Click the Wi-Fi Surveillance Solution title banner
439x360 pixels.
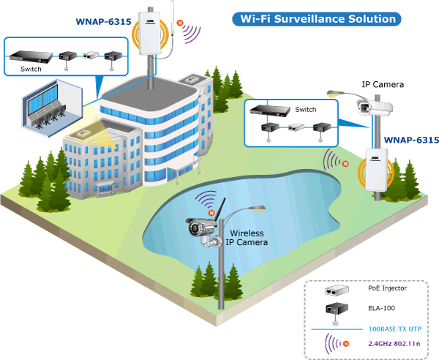click(x=317, y=19)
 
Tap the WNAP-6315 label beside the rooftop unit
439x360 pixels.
click(x=103, y=21)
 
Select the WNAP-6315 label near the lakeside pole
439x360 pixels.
click(x=411, y=140)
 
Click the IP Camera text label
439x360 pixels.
click(x=383, y=84)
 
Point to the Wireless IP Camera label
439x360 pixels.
click(x=247, y=238)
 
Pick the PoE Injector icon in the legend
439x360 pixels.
click(x=337, y=290)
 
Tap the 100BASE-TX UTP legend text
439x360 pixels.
click(x=395, y=329)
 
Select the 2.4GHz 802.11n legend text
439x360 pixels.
click(x=394, y=343)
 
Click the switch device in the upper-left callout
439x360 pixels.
click(x=31, y=56)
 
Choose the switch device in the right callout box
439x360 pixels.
click(x=270, y=110)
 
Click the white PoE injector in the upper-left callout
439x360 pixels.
click(x=91, y=55)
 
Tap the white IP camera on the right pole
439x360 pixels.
click(x=375, y=108)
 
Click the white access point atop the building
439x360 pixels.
click(x=150, y=33)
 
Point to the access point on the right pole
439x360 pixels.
click(x=377, y=170)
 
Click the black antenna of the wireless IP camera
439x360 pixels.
click(x=221, y=209)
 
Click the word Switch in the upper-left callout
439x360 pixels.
click(x=31, y=69)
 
